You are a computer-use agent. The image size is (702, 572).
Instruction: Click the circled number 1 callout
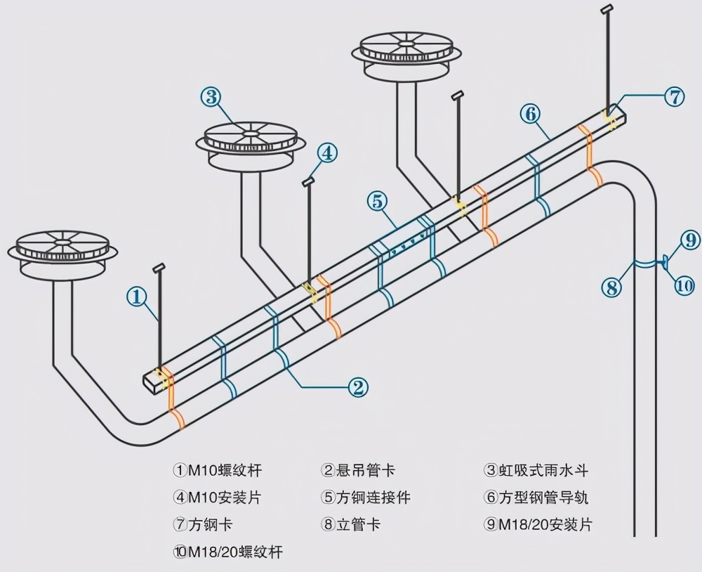[x=137, y=297]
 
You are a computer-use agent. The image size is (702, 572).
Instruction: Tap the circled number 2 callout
[x=357, y=386]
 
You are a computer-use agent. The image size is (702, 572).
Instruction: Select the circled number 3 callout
[x=211, y=96]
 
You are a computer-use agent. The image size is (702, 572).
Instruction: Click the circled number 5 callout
[x=377, y=201]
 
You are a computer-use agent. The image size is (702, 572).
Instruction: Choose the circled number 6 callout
[x=530, y=113]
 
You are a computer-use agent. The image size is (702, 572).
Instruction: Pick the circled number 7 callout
[x=674, y=96]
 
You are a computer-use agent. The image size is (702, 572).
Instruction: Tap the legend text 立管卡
[x=359, y=524]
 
